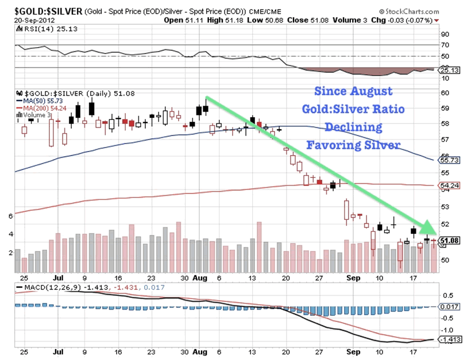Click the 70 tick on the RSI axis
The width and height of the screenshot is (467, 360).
pyautogui.click(x=444, y=44)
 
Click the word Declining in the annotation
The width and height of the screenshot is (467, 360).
pyautogui.click(x=352, y=126)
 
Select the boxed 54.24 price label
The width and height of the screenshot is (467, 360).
pyautogui.click(x=446, y=186)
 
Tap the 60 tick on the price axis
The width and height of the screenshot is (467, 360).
pyautogui.click(x=443, y=92)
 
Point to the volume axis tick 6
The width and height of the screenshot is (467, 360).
pyautogui.click(x=10, y=216)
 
